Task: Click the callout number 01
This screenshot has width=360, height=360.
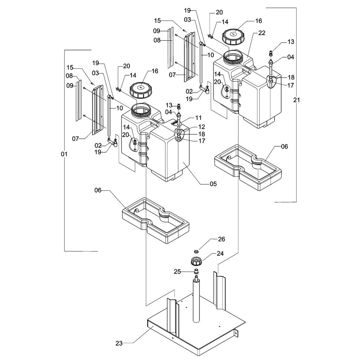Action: tap(64, 154)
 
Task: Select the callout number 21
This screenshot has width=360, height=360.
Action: tap(296, 100)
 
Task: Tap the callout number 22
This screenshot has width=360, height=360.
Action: tap(262, 33)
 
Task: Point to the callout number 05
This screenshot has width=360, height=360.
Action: tap(213, 184)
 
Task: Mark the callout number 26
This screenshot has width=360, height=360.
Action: tap(221, 239)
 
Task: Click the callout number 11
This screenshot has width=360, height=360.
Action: tap(198, 118)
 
